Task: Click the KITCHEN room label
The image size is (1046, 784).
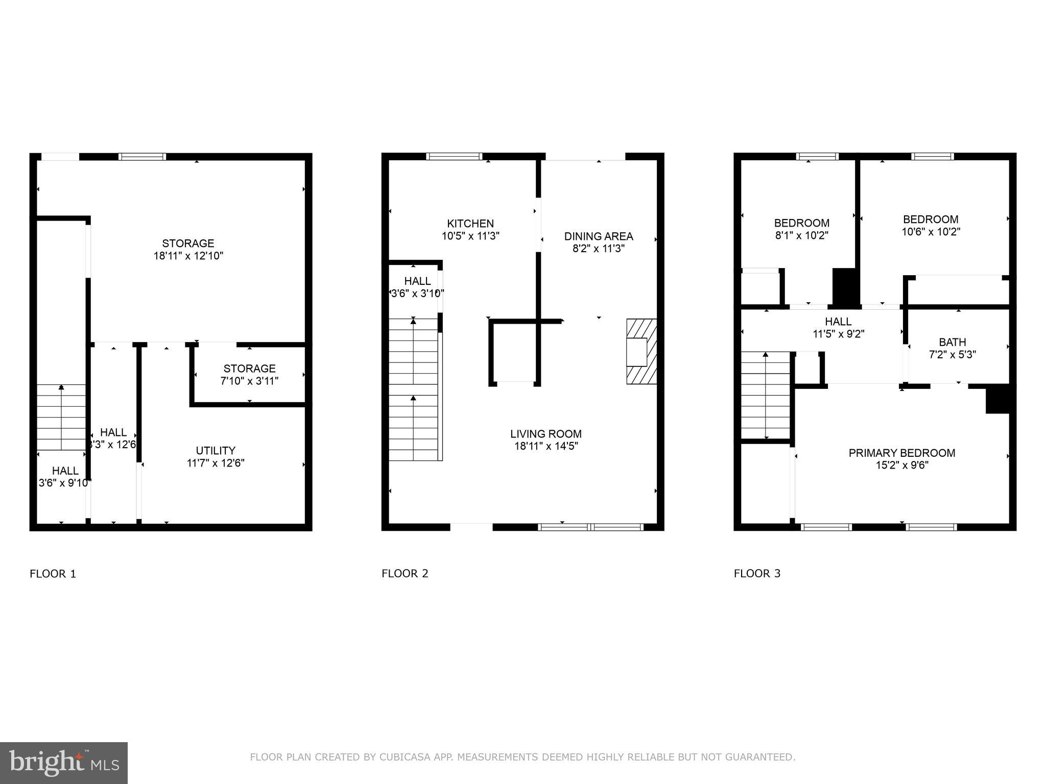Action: pyautogui.click(x=470, y=224)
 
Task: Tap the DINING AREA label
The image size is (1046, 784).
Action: pyautogui.click(x=598, y=236)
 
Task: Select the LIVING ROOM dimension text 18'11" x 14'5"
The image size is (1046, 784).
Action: pyautogui.click(x=546, y=446)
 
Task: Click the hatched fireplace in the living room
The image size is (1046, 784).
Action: pyautogui.click(x=641, y=352)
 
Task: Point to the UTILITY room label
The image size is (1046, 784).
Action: pyautogui.click(x=216, y=451)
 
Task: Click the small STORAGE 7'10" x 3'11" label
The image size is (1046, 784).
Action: pyautogui.click(x=249, y=369)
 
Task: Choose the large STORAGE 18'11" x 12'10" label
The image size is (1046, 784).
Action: pyautogui.click(x=188, y=243)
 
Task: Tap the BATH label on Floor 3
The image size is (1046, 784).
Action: pyautogui.click(x=952, y=342)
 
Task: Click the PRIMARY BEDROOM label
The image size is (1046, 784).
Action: pyautogui.click(x=901, y=453)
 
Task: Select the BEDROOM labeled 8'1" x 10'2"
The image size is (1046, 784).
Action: pyautogui.click(x=801, y=223)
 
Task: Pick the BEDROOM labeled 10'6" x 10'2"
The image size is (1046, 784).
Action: pyautogui.click(x=930, y=219)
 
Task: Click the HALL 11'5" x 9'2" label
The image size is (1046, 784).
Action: pyautogui.click(x=838, y=322)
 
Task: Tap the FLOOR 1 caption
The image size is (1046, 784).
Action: pyautogui.click(x=53, y=574)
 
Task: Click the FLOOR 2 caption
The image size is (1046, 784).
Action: pyautogui.click(x=405, y=573)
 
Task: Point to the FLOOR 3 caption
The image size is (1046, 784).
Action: pyautogui.click(x=757, y=573)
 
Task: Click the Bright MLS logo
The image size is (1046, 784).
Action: pyautogui.click(x=63, y=763)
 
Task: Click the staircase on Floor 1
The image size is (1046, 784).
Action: pyautogui.click(x=61, y=417)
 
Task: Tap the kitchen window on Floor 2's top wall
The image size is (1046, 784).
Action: pyautogui.click(x=454, y=156)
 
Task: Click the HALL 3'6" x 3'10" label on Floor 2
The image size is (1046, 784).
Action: pyautogui.click(x=417, y=281)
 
